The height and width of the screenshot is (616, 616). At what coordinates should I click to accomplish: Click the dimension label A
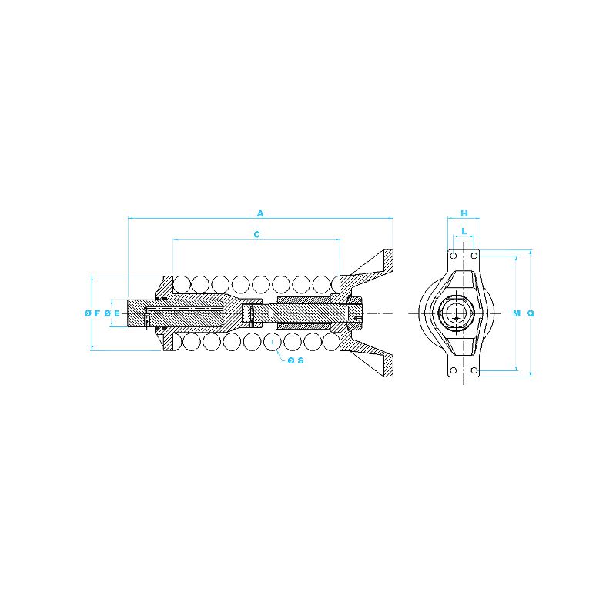click(260, 213)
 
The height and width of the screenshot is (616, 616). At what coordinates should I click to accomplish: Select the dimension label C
click(256, 235)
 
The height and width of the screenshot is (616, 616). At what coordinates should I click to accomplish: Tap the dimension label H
click(464, 213)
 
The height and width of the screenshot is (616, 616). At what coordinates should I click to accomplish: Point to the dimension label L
click(464, 231)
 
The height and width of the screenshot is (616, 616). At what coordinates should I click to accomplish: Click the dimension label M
click(517, 313)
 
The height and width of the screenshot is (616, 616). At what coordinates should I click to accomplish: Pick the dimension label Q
click(531, 313)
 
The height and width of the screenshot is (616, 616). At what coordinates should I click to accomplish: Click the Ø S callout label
click(296, 360)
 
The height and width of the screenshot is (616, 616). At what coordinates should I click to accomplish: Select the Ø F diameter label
click(92, 313)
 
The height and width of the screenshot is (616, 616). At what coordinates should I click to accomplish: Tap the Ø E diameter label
click(112, 313)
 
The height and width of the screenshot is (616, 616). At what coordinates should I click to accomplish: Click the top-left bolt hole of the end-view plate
click(454, 256)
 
